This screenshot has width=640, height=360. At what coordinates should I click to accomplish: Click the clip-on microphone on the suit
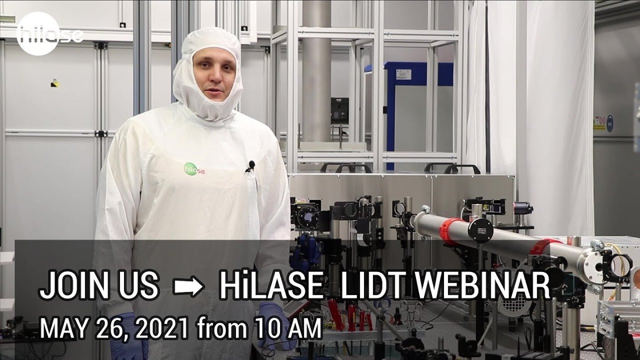click(250, 165)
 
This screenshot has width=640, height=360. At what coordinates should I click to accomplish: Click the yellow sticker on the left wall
click(54, 84)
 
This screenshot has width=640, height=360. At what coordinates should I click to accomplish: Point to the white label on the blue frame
click(403, 74)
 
